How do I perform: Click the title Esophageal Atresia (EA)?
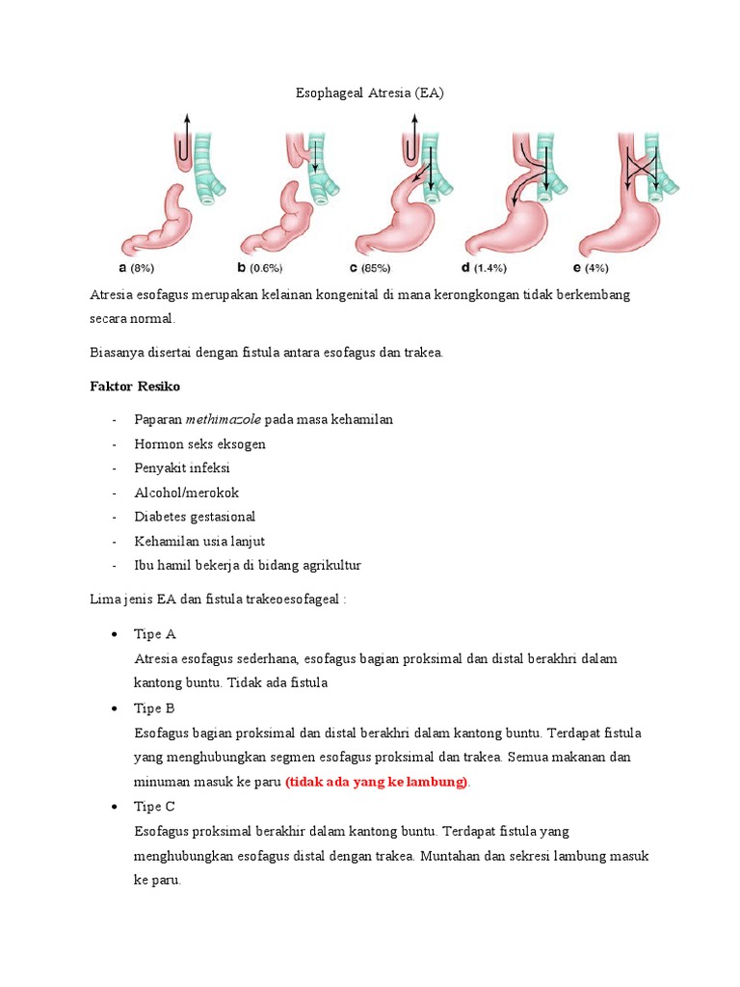tap(370, 93)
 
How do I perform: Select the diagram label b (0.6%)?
tap(254, 268)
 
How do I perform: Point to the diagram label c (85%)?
tap(379, 268)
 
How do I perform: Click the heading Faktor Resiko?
tap(135, 386)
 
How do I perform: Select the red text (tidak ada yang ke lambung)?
tap(377, 782)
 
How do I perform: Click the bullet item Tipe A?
tap(155, 634)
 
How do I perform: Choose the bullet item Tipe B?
tap(155, 708)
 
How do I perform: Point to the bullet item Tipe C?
tap(155, 806)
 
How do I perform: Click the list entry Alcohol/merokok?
tap(187, 493)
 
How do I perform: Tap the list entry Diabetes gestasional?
tap(196, 517)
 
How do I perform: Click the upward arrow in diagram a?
tap(186, 125)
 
